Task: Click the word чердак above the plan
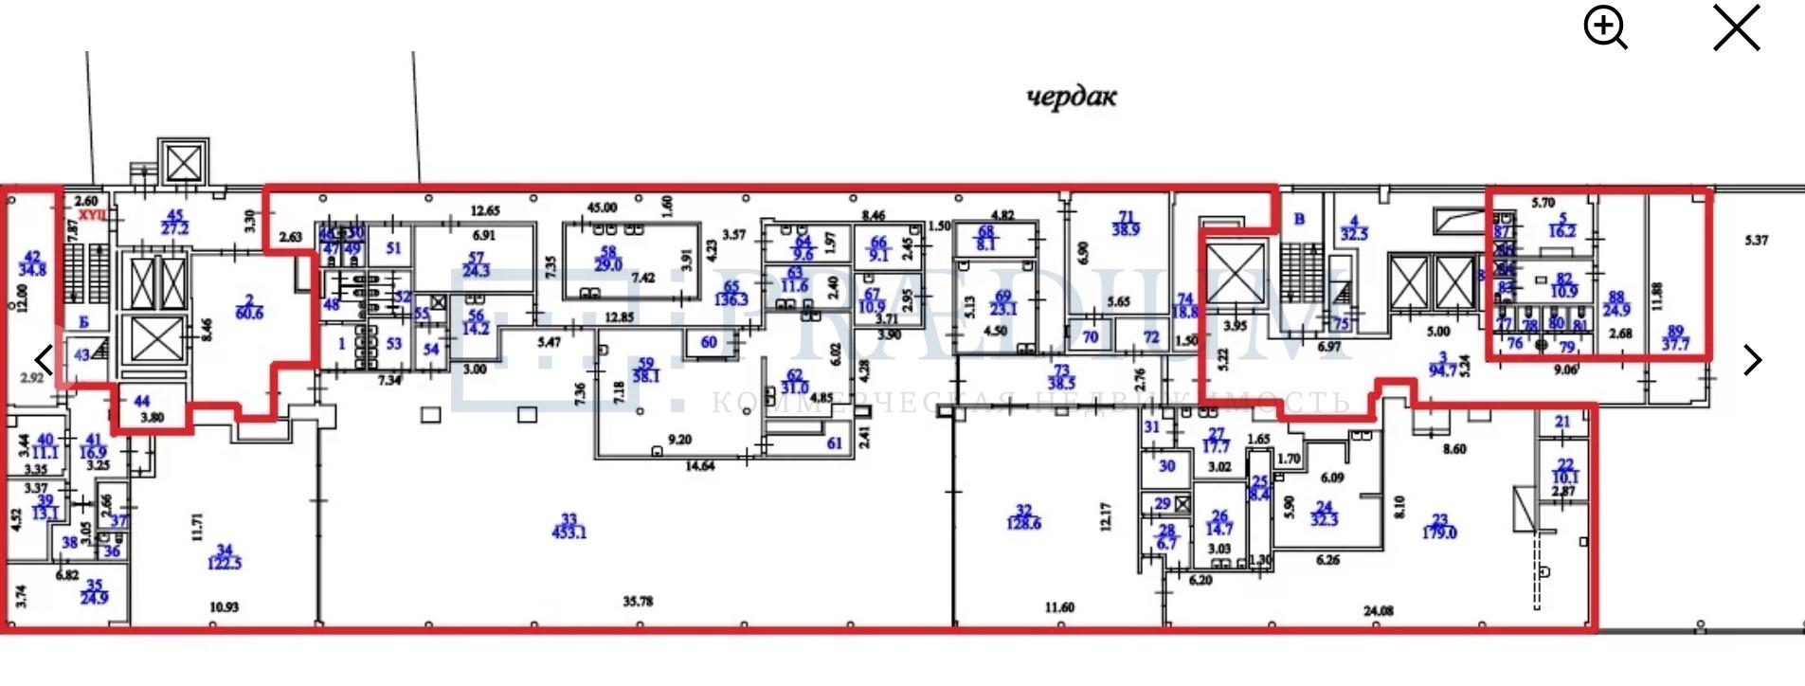(1072, 97)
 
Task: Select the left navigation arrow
(44, 360)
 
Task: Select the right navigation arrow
(1753, 360)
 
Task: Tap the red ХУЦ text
(92, 216)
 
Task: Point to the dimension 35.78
(639, 601)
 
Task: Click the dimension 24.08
(1378, 611)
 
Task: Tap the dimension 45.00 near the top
(602, 208)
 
